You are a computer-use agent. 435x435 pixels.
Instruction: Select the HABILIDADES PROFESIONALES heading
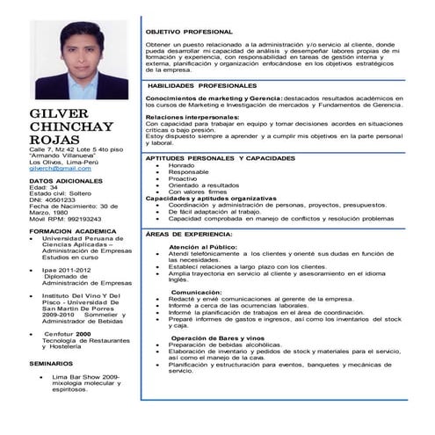[203, 86]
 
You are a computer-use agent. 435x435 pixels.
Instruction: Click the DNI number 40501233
[61, 199]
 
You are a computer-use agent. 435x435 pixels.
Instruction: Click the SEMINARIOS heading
[51, 362]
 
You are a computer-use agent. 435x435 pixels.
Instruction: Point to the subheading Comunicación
[197, 292]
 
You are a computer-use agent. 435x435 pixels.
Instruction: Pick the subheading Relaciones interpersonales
[191, 116]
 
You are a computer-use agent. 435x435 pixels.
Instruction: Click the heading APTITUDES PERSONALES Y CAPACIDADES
[220, 157]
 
